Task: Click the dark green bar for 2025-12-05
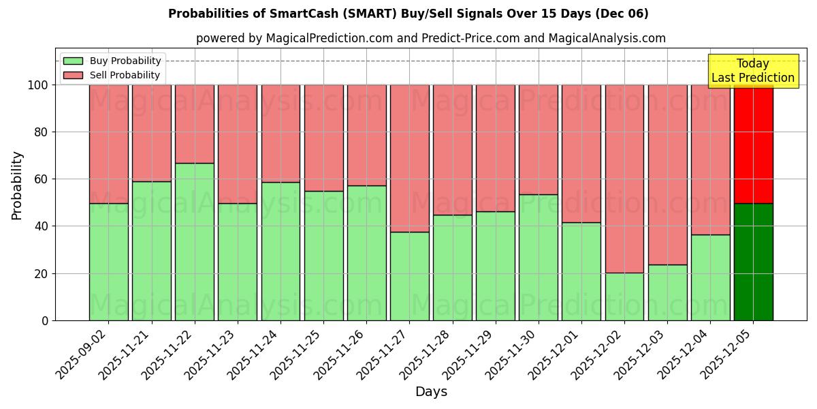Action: click(753, 262)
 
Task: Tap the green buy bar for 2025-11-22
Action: click(195, 241)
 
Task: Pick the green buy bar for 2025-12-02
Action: click(624, 297)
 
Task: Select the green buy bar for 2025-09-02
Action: click(109, 262)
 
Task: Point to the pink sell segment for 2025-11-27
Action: click(409, 158)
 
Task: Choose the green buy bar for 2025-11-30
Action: click(539, 257)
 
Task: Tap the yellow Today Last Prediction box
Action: click(752, 71)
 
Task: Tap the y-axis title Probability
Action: click(17, 185)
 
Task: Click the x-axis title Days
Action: click(431, 392)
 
